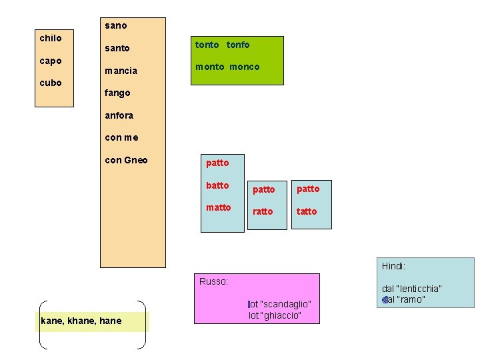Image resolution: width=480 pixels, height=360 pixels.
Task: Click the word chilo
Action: pyautogui.click(x=51, y=38)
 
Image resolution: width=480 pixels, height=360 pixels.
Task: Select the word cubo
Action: pyautogui.click(x=51, y=83)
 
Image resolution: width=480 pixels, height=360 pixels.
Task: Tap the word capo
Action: pyautogui.click(x=51, y=61)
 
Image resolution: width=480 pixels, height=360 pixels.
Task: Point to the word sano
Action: pyautogui.click(x=116, y=26)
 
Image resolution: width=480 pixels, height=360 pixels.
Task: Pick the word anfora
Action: pyautogui.click(x=119, y=115)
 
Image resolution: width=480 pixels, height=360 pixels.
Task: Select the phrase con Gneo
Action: pyautogui.click(x=127, y=160)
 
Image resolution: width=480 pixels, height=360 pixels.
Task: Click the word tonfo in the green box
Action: pyautogui.click(x=238, y=45)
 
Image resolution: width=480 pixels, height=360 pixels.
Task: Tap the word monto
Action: pyautogui.click(x=209, y=67)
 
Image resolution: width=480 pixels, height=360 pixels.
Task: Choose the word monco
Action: pyautogui.click(x=245, y=67)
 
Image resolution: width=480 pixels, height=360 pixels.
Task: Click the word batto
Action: pyautogui.click(x=217, y=185)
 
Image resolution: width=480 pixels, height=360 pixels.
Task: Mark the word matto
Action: pyautogui.click(x=219, y=207)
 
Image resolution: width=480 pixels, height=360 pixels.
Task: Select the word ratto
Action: pyautogui.click(x=263, y=211)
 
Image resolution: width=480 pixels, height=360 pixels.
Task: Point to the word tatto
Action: pyautogui.click(x=307, y=211)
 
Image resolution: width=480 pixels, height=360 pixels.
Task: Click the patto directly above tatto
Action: pyautogui.click(x=308, y=189)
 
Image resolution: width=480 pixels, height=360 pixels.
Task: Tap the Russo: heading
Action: pyautogui.click(x=214, y=281)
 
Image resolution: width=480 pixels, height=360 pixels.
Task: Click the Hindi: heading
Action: pyautogui.click(x=393, y=266)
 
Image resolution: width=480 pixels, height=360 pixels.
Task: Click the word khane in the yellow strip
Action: pyautogui.click(x=81, y=321)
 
